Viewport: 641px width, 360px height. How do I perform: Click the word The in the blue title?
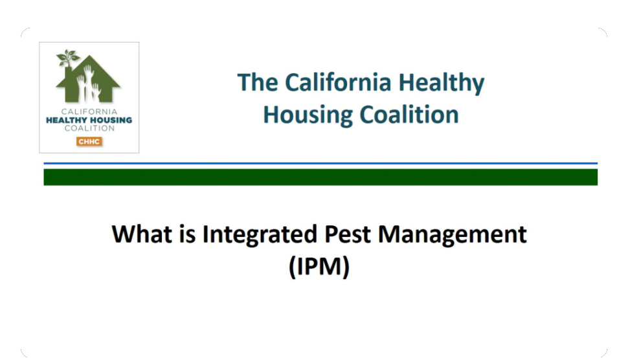(x=257, y=82)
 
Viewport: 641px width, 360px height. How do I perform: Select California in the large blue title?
(x=338, y=82)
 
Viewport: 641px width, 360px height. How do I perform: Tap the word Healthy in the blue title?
(x=442, y=84)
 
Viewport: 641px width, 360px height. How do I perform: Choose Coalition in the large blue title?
(x=409, y=115)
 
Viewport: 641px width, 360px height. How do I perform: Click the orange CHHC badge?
(x=89, y=141)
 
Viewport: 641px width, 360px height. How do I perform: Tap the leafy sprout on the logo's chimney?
(x=67, y=57)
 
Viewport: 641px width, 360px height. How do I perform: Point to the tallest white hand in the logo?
(x=88, y=82)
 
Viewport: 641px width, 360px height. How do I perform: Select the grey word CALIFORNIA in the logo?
(x=89, y=111)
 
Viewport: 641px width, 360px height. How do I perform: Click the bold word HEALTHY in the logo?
(x=66, y=120)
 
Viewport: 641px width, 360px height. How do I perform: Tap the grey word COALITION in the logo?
(x=89, y=128)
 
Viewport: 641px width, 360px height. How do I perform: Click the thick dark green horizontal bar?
(x=320, y=177)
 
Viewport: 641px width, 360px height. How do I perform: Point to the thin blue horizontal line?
(x=320, y=163)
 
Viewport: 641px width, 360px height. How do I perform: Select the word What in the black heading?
(x=142, y=234)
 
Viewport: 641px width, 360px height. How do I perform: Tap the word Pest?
(x=347, y=234)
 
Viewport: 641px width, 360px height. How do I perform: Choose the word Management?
(x=452, y=236)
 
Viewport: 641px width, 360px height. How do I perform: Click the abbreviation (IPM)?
(x=319, y=267)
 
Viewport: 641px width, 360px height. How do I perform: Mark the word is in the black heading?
(x=187, y=234)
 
